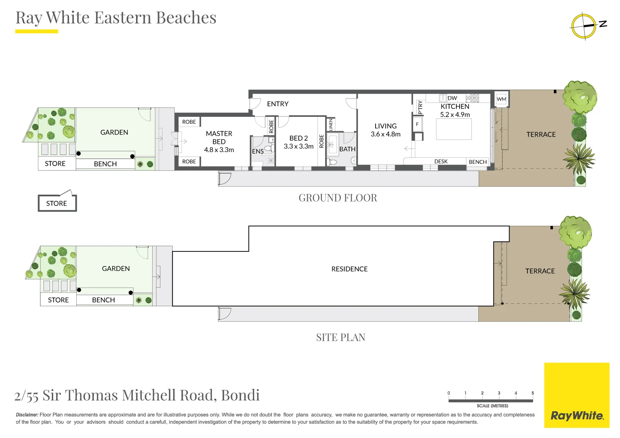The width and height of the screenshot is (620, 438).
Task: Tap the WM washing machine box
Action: click(x=501, y=99)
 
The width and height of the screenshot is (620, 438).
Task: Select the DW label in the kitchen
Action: click(x=452, y=98)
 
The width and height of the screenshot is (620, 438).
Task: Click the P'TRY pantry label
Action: click(x=420, y=107)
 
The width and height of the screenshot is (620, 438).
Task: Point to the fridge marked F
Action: click(x=417, y=125)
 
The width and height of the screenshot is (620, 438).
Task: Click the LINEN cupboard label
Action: click(x=331, y=125)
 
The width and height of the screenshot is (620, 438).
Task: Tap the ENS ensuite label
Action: click(x=258, y=152)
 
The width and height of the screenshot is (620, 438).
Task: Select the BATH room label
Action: click(x=348, y=149)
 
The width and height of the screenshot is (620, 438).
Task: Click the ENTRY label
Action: click(x=278, y=104)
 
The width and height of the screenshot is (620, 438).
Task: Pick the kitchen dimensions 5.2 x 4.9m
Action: click(x=455, y=114)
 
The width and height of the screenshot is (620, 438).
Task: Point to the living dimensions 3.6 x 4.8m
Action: click(x=386, y=134)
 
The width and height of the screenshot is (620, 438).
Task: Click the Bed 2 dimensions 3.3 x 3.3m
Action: click(x=299, y=146)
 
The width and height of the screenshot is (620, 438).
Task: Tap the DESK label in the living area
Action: click(x=441, y=161)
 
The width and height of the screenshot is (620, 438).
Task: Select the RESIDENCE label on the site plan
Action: click(x=350, y=269)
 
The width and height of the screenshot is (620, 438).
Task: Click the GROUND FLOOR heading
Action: click(x=338, y=198)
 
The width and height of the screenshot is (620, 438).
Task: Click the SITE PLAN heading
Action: click(x=341, y=337)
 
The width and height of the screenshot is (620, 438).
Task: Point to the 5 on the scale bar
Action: click(x=533, y=393)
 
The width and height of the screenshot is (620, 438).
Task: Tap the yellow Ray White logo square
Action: click(x=577, y=395)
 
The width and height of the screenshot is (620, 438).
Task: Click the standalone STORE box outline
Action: click(x=38, y=203)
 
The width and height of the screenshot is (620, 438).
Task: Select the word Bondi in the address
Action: click(x=240, y=395)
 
